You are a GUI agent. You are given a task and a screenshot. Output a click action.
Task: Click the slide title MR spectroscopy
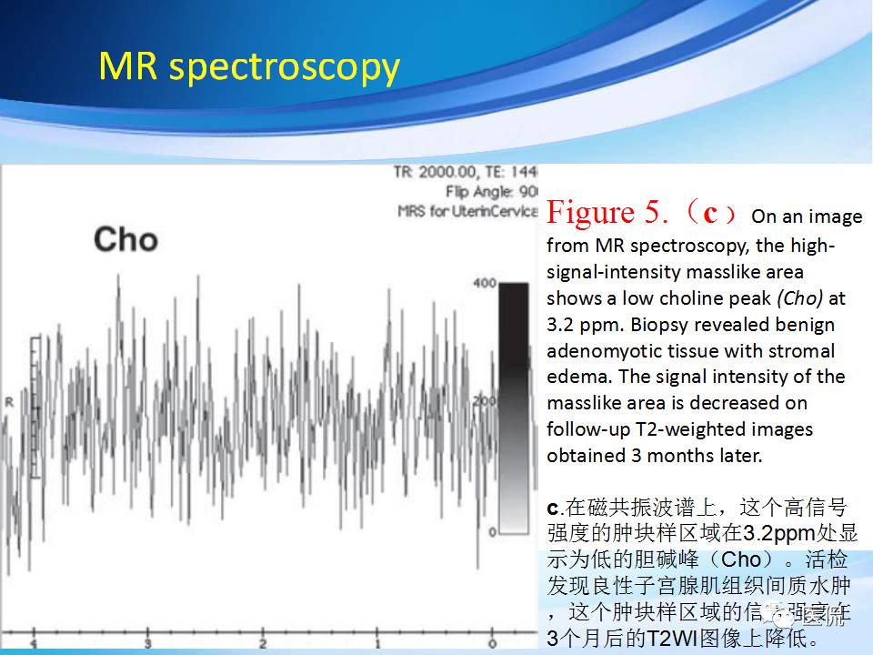[248, 67]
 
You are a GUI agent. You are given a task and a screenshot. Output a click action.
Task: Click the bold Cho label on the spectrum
[125, 239]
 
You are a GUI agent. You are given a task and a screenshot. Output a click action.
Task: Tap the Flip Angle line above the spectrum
[492, 191]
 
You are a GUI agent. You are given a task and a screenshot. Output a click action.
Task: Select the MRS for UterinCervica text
[467, 211]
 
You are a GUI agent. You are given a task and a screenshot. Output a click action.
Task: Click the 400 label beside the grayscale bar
[485, 284]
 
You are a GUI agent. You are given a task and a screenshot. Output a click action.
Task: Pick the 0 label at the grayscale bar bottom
[492, 531]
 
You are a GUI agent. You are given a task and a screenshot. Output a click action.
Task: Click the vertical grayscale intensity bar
[514, 407]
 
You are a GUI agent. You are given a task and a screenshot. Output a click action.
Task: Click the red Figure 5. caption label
[604, 213]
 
